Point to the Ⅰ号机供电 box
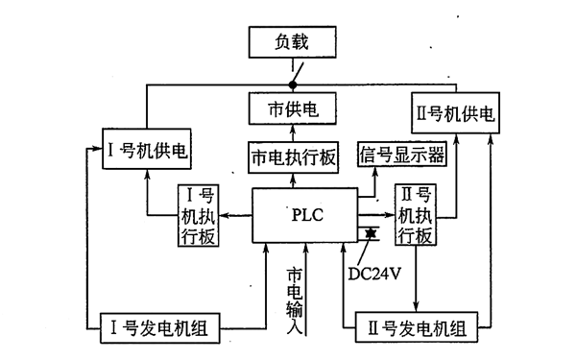tap(146, 151)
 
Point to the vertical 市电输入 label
tap(295, 298)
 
